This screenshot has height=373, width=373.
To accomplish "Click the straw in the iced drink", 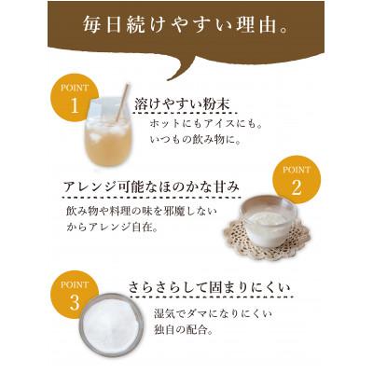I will pyautogui.click(x=121, y=102).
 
